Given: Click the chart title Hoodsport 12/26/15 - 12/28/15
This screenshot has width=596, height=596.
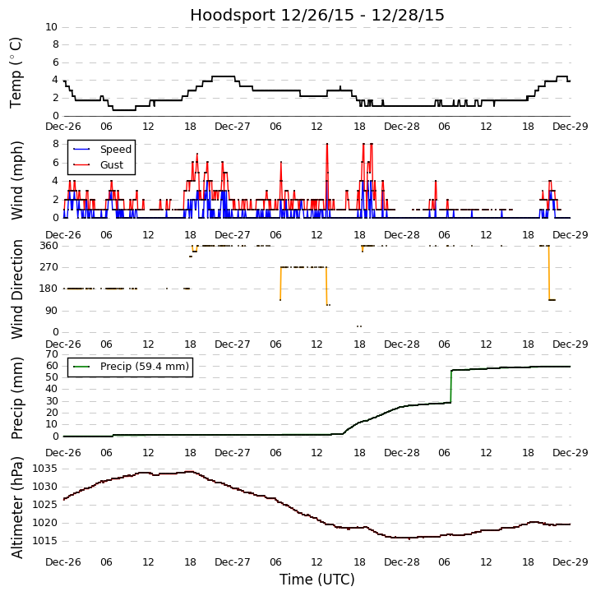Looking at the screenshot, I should [317, 15].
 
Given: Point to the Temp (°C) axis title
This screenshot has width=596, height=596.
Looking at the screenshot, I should [16, 72].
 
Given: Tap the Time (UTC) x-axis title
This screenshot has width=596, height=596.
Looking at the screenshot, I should [317, 580].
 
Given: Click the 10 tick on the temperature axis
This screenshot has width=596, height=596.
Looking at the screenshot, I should [51, 27].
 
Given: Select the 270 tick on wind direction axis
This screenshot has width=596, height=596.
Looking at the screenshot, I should [47, 267].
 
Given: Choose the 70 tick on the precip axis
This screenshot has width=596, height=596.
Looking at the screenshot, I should [51, 354].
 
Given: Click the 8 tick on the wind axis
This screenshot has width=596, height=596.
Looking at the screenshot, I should [53, 144].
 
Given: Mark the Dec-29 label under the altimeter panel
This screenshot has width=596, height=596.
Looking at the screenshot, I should [570, 561].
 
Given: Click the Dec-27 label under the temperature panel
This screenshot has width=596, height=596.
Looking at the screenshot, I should [233, 127].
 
